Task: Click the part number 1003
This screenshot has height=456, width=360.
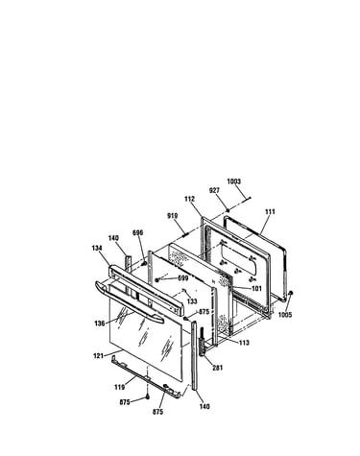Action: pyautogui.click(x=233, y=181)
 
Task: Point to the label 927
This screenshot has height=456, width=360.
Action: pyautogui.click(x=214, y=190)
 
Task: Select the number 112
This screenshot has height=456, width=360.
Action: pyautogui.click(x=189, y=199)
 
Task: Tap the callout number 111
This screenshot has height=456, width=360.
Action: pyautogui.click(x=270, y=211)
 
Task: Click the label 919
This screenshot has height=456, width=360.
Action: pyautogui.click(x=173, y=216)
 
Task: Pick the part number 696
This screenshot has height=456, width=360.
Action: pyautogui.click(x=137, y=232)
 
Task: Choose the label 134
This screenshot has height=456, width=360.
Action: pyautogui.click(x=97, y=248)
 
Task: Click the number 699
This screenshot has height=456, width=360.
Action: pyautogui.click(x=183, y=278)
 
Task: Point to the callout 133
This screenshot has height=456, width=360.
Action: pyautogui.click(x=192, y=301)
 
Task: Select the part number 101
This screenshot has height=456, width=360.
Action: pyautogui.click(x=256, y=289)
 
